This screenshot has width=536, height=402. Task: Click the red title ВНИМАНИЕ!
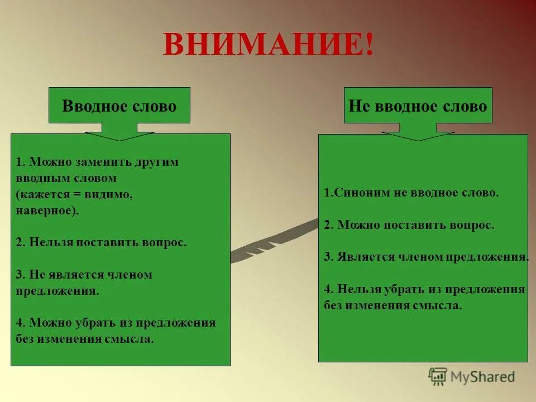(268, 44)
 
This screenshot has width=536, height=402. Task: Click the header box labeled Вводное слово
(119, 106)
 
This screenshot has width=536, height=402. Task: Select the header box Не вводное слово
(418, 106)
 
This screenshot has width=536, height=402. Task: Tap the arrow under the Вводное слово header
(119, 135)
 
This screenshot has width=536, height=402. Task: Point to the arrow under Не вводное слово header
(418, 135)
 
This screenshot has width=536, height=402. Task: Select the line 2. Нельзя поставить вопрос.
(101, 243)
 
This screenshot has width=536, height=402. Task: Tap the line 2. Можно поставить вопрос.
(409, 225)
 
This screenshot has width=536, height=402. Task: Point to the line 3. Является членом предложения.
(426, 257)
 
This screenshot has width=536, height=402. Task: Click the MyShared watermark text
(482, 377)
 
